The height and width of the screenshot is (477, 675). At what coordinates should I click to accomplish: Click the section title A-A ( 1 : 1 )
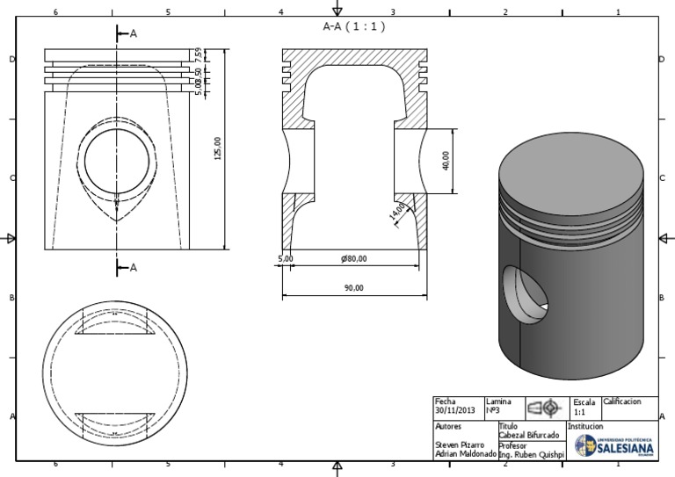coord(355,26)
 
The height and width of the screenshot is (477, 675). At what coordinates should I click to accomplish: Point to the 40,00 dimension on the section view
coord(446,161)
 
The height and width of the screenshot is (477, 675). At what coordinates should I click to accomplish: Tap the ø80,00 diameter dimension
coord(353,258)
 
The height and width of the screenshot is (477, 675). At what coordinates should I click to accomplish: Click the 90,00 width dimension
coord(352,287)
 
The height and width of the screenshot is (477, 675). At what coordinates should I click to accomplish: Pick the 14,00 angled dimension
coord(398,212)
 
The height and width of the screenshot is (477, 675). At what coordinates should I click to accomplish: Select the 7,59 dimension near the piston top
coord(200,56)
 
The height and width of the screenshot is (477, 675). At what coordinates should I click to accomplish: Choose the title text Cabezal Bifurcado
coord(528,436)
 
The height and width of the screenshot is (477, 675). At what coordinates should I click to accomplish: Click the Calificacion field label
coord(622,401)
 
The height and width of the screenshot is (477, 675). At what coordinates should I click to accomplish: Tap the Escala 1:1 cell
coord(584,406)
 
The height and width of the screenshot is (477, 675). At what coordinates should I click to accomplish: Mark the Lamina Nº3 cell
coord(498,406)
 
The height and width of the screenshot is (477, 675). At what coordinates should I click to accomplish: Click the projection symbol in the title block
coord(543,407)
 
